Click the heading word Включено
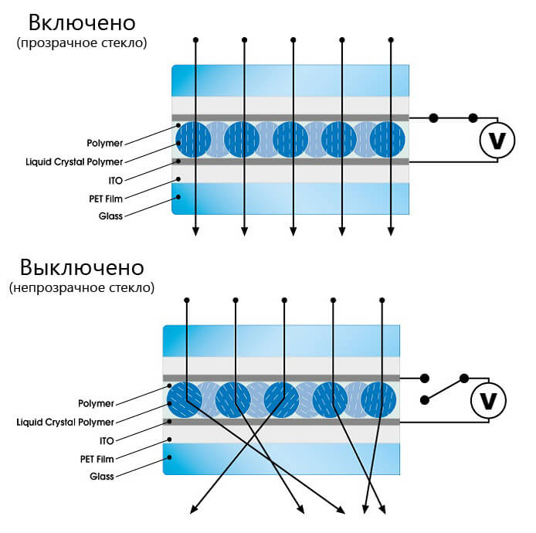coord(82,23)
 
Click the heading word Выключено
coord(82,267)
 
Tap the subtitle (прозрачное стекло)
coord(82,43)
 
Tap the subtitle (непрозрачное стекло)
coord(82,288)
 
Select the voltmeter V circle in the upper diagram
coord(497,140)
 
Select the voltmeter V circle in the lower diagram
coord(488,401)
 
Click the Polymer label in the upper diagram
coord(104,143)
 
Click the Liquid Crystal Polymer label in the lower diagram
coord(66,423)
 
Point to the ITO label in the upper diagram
coord(116,181)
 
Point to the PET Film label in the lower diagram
coord(97,459)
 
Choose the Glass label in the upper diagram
coord(110,216)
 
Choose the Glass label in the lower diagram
coord(101,477)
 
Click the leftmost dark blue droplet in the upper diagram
coord(193,140)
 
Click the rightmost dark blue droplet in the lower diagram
coord(378,400)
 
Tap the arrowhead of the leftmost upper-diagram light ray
coord(195,232)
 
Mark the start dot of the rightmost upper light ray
coord(391,40)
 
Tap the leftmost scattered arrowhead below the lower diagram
coord(194,510)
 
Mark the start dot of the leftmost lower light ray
coord(187,300)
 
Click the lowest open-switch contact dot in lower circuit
coord(425,400)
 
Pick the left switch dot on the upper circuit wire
coord(433,118)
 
